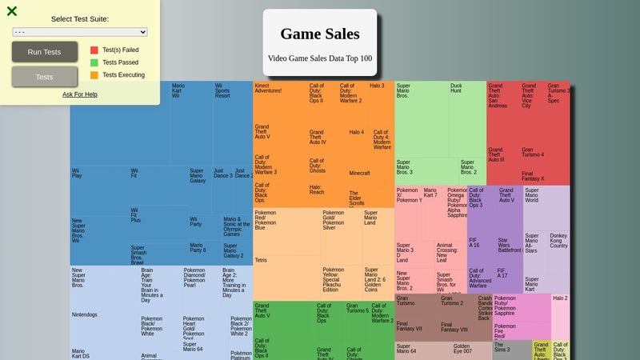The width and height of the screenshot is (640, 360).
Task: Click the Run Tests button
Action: click(x=44, y=52)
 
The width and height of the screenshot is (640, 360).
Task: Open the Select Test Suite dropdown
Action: click(x=80, y=31)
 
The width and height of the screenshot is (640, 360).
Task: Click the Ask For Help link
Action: click(x=80, y=94)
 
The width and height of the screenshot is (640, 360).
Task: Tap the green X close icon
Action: click(x=12, y=11)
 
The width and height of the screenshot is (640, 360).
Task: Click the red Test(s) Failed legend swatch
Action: click(x=94, y=50)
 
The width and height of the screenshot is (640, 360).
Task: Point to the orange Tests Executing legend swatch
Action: click(x=94, y=75)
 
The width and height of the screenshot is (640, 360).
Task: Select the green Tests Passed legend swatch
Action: click(x=94, y=62)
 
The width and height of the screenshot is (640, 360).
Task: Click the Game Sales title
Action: click(x=319, y=34)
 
